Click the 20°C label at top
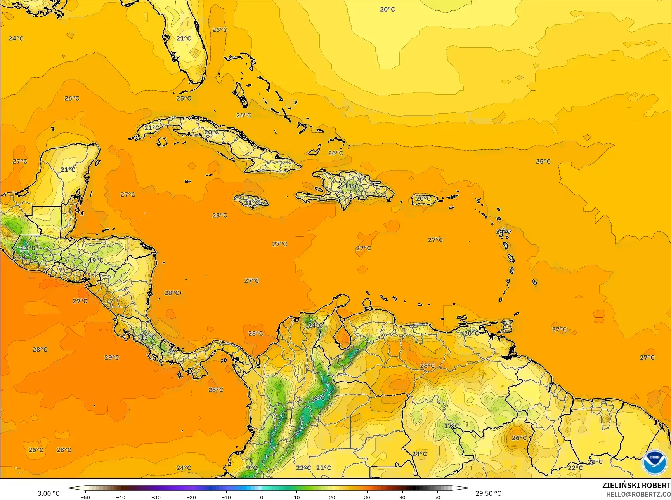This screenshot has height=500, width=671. (x=387, y=9)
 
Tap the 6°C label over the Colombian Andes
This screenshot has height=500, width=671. (x=319, y=398)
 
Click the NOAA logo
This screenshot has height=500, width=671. (x=655, y=462)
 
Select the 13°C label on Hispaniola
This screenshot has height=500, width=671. (x=352, y=186)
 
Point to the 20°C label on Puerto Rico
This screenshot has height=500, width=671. (x=423, y=199)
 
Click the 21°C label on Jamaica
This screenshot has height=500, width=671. (x=251, y=203)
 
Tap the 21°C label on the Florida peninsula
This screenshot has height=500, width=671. (x=184, y=38)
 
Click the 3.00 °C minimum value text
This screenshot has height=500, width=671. (x=49, y=493)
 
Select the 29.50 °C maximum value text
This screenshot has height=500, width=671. (x=488, y=493)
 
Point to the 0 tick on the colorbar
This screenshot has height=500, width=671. (x=262, y=497)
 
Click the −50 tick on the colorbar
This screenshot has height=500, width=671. (x=85, y=497)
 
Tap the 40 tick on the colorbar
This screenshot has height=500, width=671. (x=402, y=497)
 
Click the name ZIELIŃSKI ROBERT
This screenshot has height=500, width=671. (x=636, y=485)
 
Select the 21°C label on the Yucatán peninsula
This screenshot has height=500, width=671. (x=68, y=170)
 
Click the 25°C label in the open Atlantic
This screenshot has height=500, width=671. (x=543, y=161)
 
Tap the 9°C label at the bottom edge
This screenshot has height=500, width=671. (x=251, y=468)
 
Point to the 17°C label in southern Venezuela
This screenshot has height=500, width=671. (x=451, y=426)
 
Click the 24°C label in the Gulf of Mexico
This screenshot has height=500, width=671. (x=16, y=38)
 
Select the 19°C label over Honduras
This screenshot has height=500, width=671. (x=96, y=260)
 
